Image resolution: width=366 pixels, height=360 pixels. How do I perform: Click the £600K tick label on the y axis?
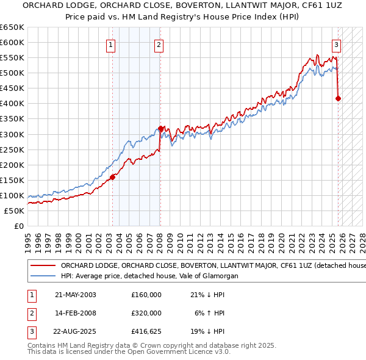point(12,42)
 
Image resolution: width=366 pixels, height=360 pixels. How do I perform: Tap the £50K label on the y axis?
point(14,211)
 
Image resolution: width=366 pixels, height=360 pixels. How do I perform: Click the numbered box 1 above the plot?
point(111,45)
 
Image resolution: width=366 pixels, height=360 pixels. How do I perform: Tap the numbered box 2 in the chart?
point(159,45)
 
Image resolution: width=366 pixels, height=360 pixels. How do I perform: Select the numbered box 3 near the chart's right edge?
point(337,45)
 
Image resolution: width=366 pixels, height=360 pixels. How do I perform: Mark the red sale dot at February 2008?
point(160,128)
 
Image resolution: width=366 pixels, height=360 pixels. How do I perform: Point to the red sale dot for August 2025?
point(339,98)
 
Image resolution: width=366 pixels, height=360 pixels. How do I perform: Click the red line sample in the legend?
point(43,266)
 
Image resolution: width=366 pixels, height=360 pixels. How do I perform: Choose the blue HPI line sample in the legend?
point(43,276)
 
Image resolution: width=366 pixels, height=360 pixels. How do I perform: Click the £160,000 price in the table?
point(146,295)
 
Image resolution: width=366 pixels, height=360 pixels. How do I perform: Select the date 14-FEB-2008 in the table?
point(76,313)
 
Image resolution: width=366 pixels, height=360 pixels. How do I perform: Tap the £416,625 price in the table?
point(146,332)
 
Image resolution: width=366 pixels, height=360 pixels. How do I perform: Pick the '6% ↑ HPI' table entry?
point(209,313)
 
